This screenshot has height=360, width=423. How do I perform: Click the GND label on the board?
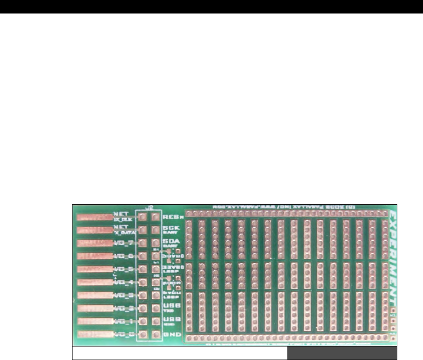pyautogui.click(x=169, y=334)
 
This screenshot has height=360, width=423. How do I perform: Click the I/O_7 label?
pyautogui.click(x=124, y=243)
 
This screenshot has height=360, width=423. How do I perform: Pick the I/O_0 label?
pyautogui.click(x=124, y=334)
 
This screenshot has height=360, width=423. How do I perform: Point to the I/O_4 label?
pyautogui.click(x=124, y=282)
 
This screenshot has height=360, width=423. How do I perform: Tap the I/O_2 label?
pyautogui.click(x=124, y=308)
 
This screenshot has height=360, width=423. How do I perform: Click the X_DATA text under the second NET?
pyautogui.click(x=125, y=233)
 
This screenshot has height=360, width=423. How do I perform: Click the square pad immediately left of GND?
pyautogui.click(x=156, y=334)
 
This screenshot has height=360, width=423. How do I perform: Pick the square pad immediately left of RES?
pyautogui.click(x=156, y=217)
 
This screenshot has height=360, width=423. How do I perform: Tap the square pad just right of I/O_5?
pyautogui.click(x=143, y=269)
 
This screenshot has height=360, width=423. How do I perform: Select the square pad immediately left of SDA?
pyautogui.click(x=156, y=243)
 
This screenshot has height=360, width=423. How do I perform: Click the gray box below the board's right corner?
pyautogui.click(x=342, y=353)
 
